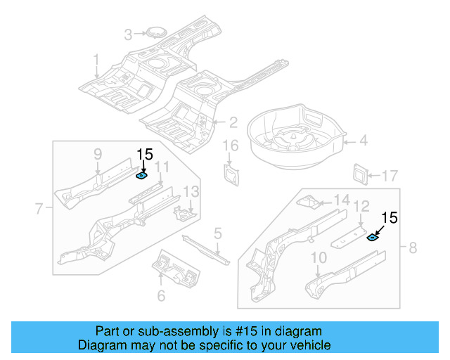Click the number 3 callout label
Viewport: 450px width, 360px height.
pyautogui.click(x=128, y=34)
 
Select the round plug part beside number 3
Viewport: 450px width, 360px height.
pyautogui.click(x=153, y=32)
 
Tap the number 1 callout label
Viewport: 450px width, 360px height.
pyautogui.click(x=97, y=60)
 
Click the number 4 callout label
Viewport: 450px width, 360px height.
pyautogui.click(x=363, y=141)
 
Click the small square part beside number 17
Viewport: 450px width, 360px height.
pyautogui.click(x=359, y=173)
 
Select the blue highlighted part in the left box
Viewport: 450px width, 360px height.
pyautogui.click(x=141, y=176)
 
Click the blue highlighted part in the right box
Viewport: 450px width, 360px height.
pyautogui.click(x=373, y=237)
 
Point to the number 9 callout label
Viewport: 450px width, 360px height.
pyautogui.click(x=98, y=154)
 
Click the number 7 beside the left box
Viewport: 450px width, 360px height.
pyautogui.click(x=39, y=207)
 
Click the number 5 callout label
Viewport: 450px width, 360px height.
pyautogui.click(x=218, y=233)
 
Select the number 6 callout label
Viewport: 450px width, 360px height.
pyautogui.click(x=161, y=295)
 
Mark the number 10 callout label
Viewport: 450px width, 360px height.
pyautogui.click(x=318, y=258)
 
